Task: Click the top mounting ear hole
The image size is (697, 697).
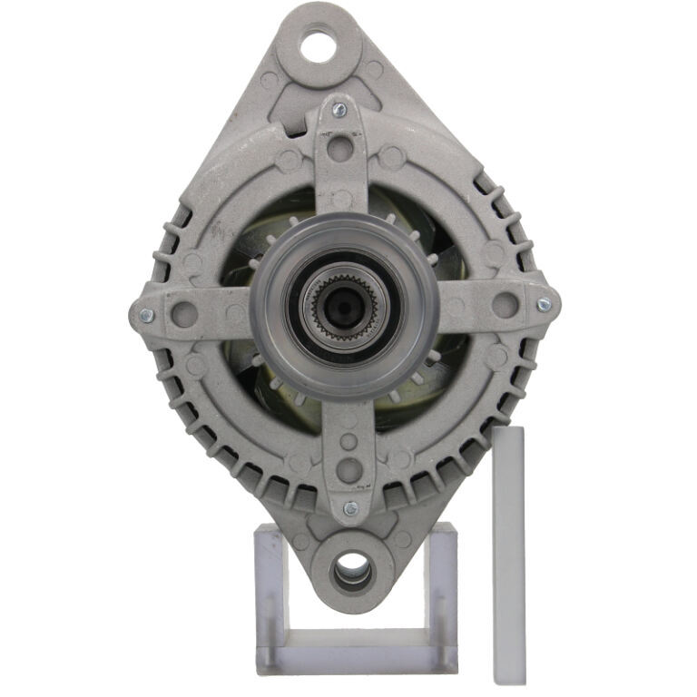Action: point(319,45)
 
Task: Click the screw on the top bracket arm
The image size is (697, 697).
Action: point(339,110)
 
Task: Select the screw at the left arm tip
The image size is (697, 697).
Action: point(145,316)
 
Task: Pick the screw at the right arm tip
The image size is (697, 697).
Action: point(543,306)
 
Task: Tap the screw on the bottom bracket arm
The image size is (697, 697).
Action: point(350,508)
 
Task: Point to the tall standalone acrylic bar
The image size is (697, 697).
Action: point(509,554)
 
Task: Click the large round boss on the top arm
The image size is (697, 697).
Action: point(340,146)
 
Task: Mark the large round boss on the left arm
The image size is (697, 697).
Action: point(185,314)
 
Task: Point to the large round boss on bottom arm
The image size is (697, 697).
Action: point(348,470)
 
